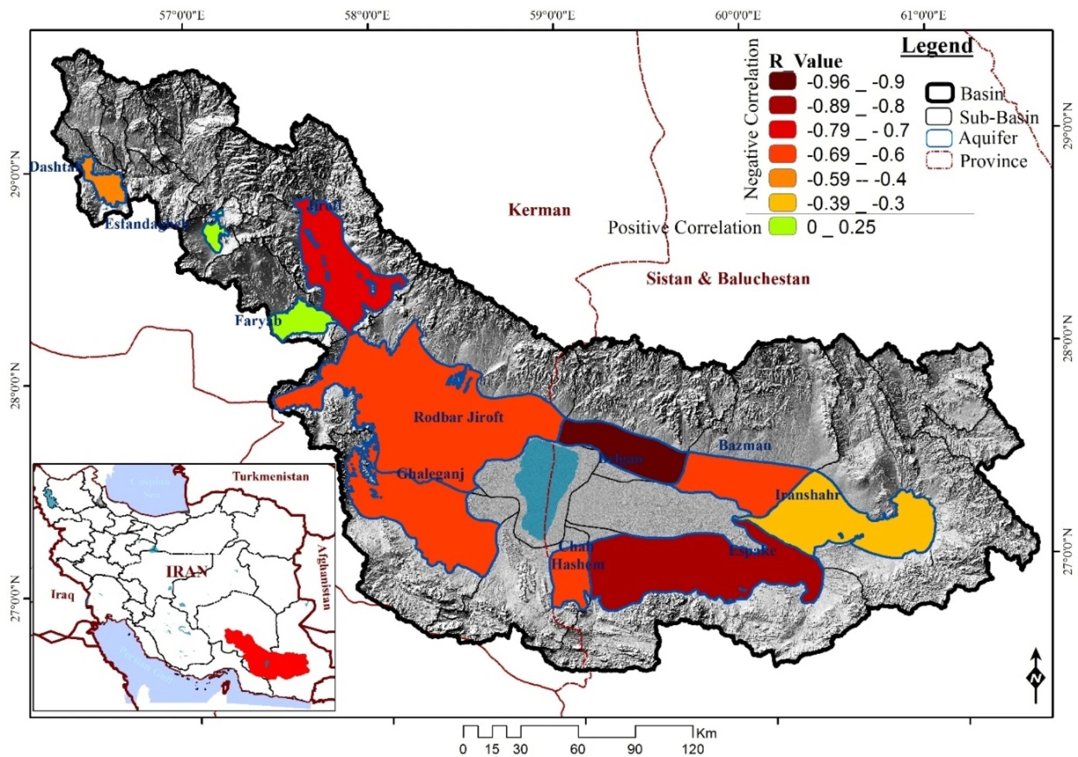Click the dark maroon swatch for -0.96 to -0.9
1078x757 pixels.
tap(782, 81)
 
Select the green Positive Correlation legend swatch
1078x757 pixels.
tap(782, 227)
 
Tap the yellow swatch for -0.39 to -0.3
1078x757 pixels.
tap(782, 203)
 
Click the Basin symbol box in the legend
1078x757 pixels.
tap(939, 93)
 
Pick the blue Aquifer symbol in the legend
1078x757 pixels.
tap(939, 138)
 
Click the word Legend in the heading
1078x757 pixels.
tap(937, 46)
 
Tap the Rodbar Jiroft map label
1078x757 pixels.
tap(458, 417)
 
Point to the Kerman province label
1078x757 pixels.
tap(539, 210)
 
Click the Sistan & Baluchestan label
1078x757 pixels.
tap(727, 279)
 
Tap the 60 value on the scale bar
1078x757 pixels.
tap(578, 748)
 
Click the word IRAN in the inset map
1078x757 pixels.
tap(186, 572)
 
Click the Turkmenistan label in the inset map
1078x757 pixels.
tap(270, 476)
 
